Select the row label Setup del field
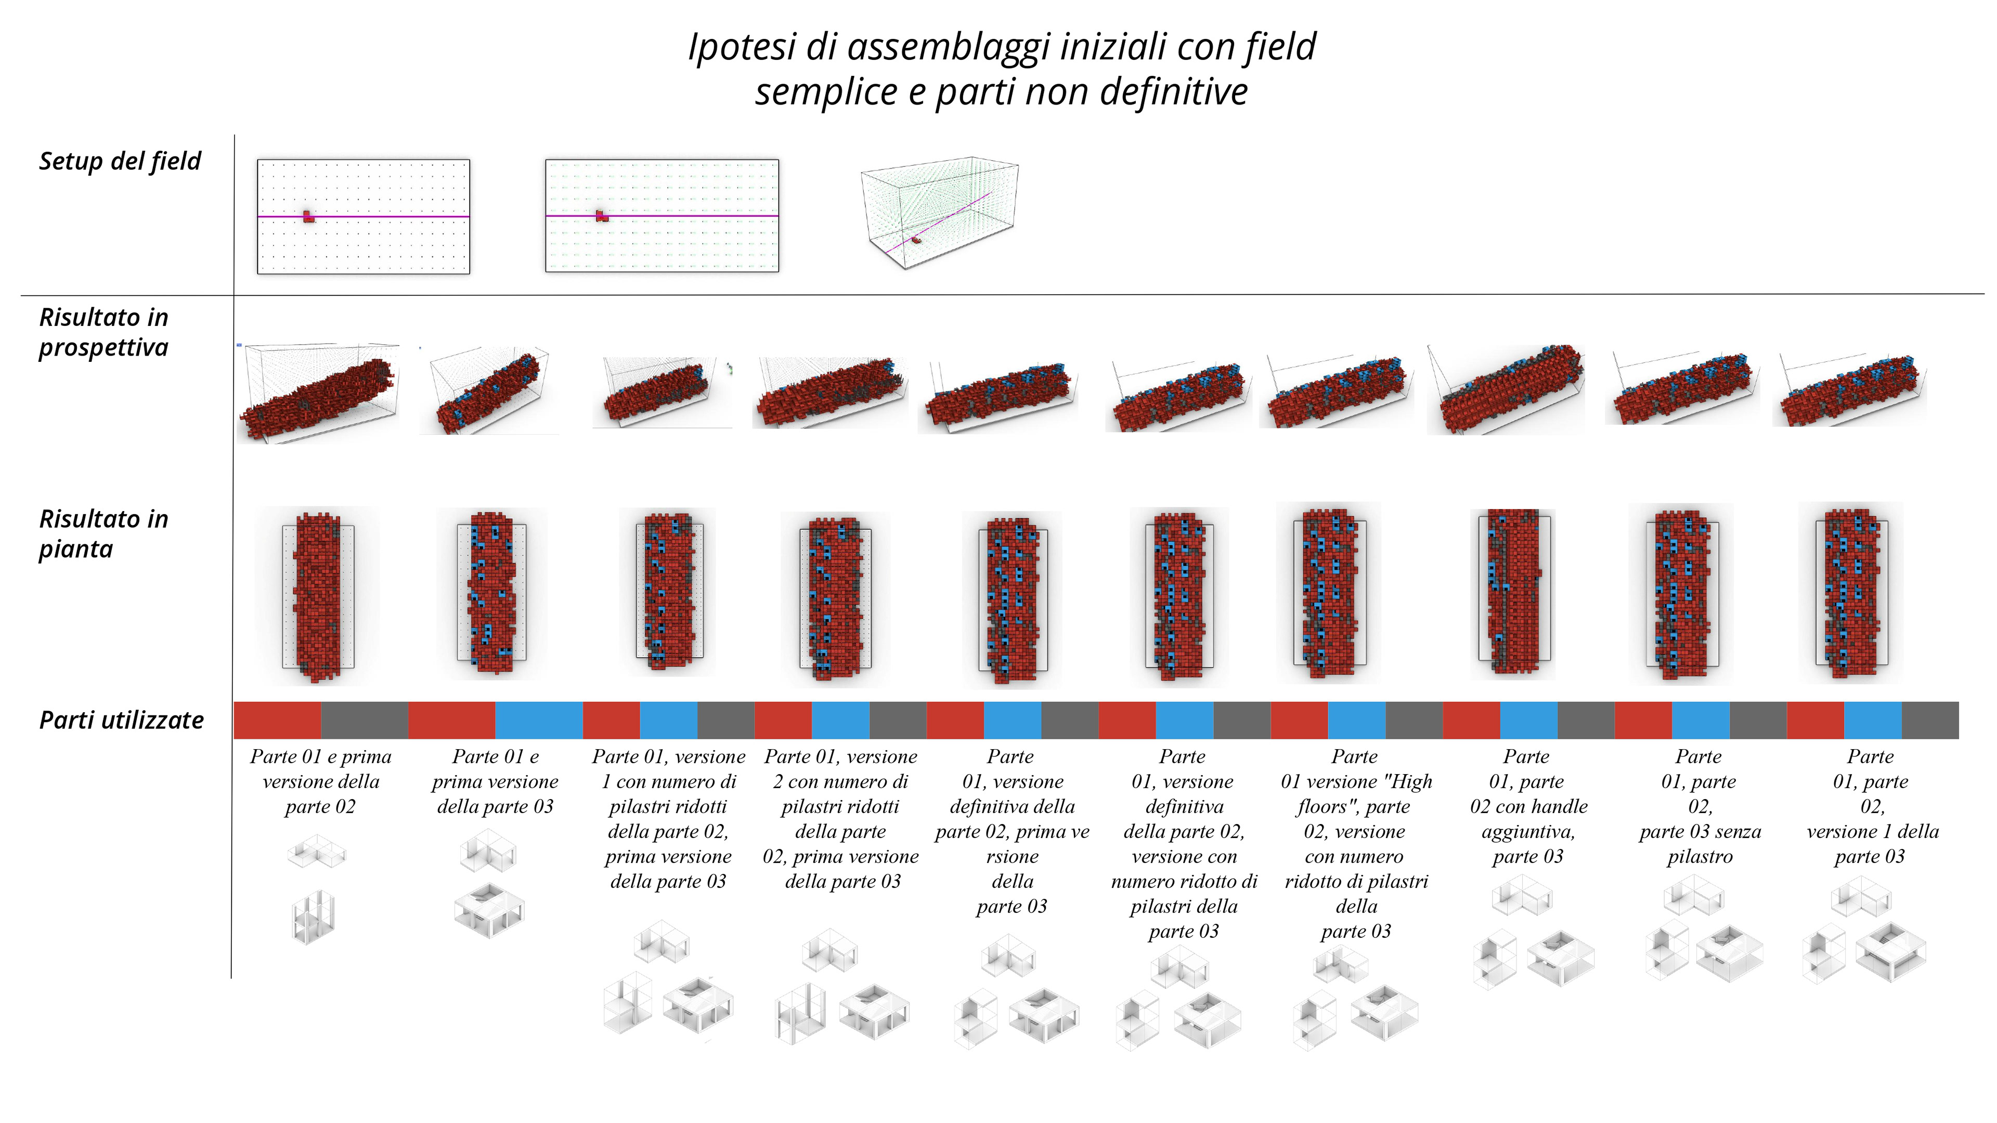coord(120,161)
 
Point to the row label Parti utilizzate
coord(121,720)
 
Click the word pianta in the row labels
coord(76,550)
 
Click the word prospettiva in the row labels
coord(103,348)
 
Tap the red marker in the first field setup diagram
coord(308,216)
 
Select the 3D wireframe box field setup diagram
coord(939,213)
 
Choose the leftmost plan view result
coord(318,595)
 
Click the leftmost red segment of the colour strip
coord(278,720)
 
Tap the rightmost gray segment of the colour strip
coord(1930,720)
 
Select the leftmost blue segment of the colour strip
coord(539,720)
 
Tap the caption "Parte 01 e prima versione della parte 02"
coord(320,781)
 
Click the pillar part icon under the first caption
coord(313,917)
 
